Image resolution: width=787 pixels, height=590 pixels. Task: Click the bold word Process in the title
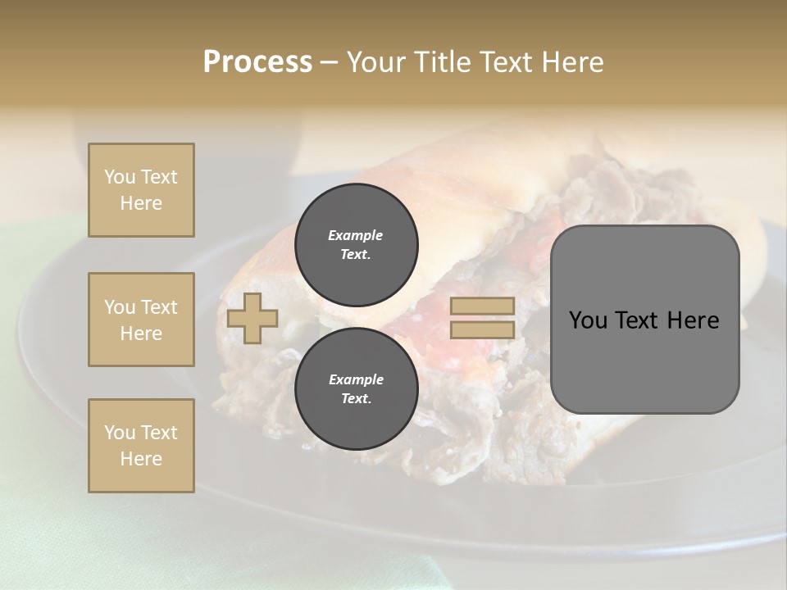coord(257,62)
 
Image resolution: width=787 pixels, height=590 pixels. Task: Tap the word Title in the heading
coord(442,62)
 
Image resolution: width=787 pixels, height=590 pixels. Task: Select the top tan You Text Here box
coord(141,190)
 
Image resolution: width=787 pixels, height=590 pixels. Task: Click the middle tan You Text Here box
coord(141,320)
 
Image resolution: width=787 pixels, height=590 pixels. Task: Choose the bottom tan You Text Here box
coord(141,446)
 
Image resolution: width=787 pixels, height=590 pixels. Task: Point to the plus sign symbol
coord(252,318)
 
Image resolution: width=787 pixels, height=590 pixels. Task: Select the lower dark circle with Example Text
coord(356,388)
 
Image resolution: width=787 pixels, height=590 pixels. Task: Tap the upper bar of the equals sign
coord(482,306)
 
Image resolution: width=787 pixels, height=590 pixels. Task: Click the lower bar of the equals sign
coord(482,329)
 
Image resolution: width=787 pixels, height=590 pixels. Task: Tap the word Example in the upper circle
coord(356,235)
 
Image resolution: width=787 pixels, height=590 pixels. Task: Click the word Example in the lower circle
coord(356,379)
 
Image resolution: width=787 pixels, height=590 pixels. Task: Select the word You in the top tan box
coord(118,177)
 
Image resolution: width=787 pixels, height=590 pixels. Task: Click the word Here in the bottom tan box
coord(141,459)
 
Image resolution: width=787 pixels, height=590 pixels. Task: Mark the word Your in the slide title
coord(376,62)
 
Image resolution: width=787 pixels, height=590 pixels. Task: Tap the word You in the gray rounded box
coord(587,320)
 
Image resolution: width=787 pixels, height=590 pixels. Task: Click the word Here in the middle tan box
coord(141,334)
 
